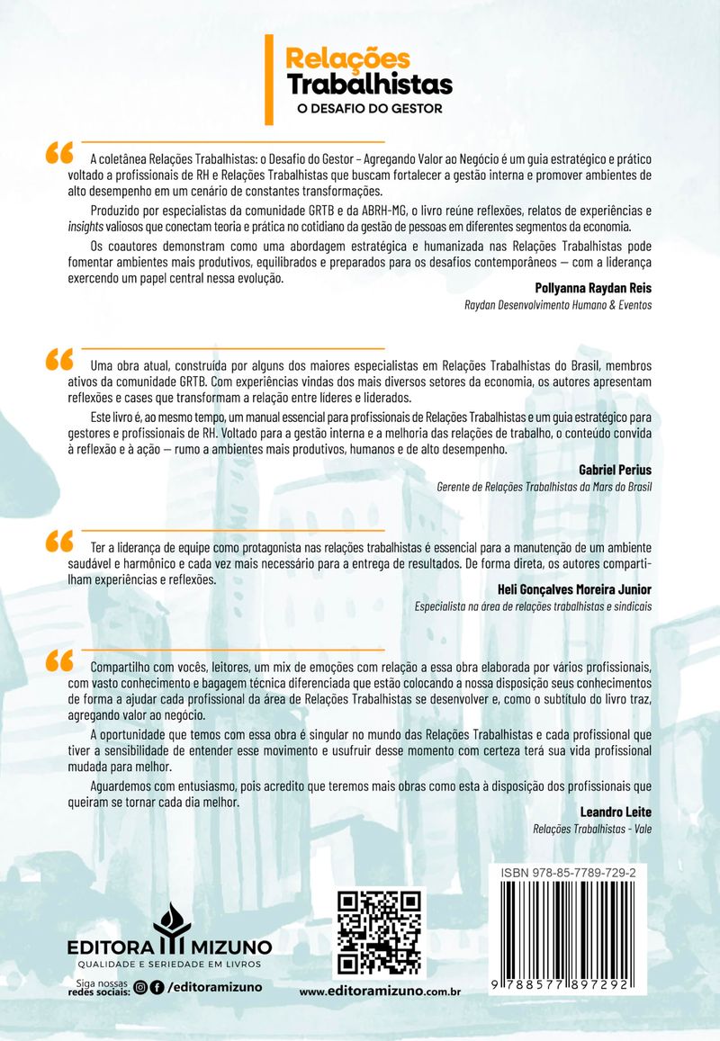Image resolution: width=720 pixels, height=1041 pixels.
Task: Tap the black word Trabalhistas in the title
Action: tap(369, 85)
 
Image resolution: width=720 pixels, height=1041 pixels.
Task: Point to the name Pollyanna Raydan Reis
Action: tap(591, 288)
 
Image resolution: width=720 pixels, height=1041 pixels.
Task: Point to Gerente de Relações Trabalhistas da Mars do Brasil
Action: tap(544, 487)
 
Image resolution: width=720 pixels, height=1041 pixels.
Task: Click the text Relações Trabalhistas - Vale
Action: tap(592, 829)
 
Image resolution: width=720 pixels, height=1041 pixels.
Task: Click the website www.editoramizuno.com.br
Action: tap(380, 992)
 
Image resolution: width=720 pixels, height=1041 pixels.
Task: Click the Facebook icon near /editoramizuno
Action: tap(157, 987)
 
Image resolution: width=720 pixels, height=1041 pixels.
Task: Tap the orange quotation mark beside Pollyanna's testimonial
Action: tap(59, 153)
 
